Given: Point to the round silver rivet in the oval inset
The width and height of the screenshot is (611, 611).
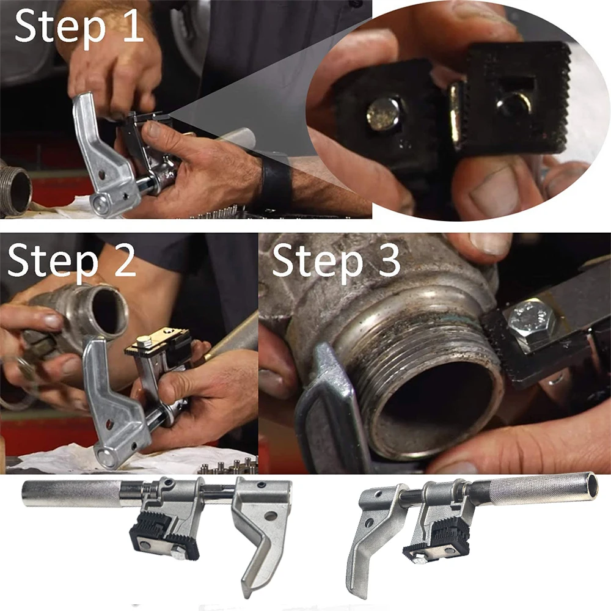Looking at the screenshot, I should click(383, 113).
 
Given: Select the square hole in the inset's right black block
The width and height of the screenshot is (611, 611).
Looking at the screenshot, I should click(512, 101).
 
